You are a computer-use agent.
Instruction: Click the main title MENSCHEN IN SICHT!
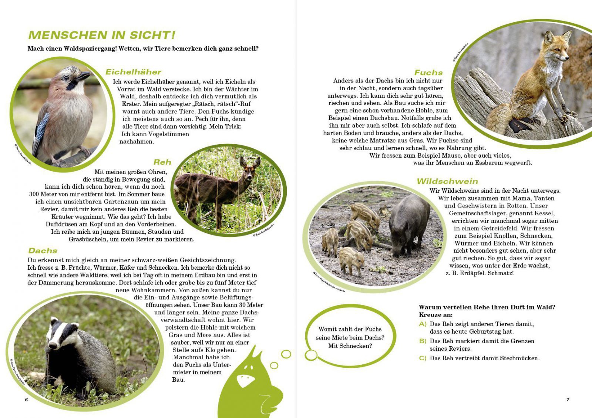pyautogui.click(x=102, y=35)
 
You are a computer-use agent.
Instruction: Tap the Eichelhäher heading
pyautogui.click(x=133, y=72)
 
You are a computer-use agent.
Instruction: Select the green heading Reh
pyautogui.click(x=162, y=162)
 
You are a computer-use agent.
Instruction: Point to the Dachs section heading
pyautogui.click(x=43, y=251)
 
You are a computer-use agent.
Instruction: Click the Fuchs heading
pyautogui.click(x=428, y=73)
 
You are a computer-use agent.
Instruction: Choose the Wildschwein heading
pyautogui.click(x=447, y=181)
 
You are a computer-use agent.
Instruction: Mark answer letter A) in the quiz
pyautogui.click(x=423, y=324)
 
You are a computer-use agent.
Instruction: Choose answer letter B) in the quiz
pyautogui.click(x=423, y=341)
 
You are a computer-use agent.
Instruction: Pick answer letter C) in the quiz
pyautogui.click(x=423, y=358)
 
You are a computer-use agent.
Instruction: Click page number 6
pyautogui.click(x=26, y=400)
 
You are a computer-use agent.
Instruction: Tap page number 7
pyautogui.click(x=568, y=400)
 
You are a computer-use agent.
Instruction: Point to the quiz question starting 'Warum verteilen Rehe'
pyautogui.click(x=487, y=307)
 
